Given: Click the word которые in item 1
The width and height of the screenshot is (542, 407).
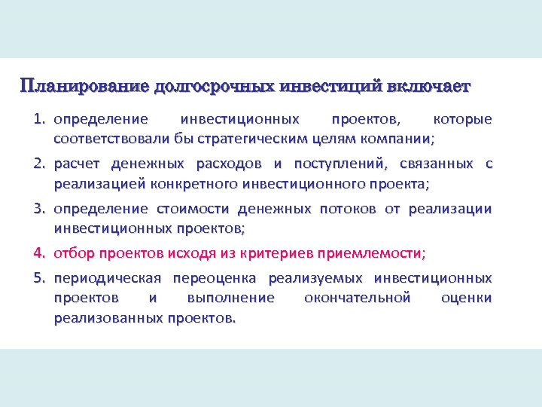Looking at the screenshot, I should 464,120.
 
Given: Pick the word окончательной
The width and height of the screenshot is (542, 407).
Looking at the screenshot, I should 358,298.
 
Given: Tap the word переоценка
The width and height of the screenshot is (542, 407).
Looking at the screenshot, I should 215,278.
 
